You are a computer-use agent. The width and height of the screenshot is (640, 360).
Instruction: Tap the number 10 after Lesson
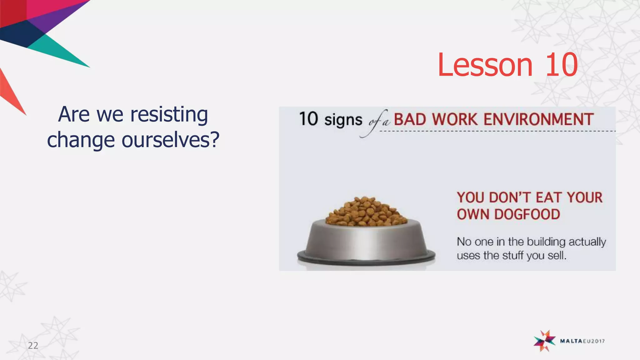(x=562, y=65)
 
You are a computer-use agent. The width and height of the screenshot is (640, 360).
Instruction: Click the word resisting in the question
(x=169, y=115)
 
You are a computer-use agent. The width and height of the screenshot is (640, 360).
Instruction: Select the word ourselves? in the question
(x=170, y=140)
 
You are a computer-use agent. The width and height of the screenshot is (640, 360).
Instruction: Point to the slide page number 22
(x=33, y=345)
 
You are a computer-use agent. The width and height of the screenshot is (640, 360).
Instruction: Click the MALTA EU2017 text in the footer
(x=582, y=341)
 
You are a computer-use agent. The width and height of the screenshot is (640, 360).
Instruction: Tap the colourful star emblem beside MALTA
(x=544, y=341)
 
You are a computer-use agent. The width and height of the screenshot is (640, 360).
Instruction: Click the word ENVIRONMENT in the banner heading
(x=538, y=119)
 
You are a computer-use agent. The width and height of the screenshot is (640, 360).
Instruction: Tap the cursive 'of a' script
(x=378, y=122)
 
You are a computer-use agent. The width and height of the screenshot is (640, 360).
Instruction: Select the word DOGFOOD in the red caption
(x=527, y=214)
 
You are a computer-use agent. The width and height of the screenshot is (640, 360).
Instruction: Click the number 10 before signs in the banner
(x=308, y=119)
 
